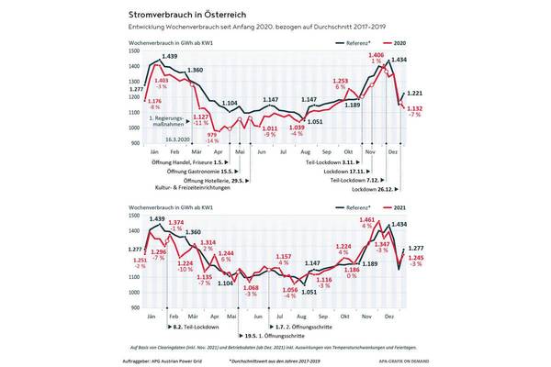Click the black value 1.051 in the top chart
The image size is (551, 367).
[x=314, y=121]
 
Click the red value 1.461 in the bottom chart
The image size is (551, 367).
[x=366, y=221]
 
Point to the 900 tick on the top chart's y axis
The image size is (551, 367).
[x=134, y=143]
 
